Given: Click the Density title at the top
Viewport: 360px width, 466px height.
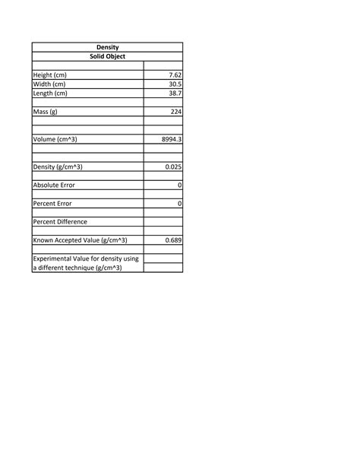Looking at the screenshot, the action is (x=107, y=47).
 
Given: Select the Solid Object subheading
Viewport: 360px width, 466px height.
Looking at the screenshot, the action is (x=107, y=56).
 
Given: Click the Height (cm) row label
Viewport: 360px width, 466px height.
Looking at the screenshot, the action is (x=50, y=75).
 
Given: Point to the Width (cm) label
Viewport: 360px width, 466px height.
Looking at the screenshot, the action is (x=49, y=84).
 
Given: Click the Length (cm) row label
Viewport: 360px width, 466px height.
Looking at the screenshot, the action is (x=50, y=94).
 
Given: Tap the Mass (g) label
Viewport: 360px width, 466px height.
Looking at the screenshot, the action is (x=45, y=112).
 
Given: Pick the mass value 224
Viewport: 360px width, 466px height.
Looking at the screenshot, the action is (x=175, y=112).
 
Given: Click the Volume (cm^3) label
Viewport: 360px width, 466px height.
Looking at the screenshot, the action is (x=55, y=139).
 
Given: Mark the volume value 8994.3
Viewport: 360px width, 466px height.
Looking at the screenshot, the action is (x=172, y=139).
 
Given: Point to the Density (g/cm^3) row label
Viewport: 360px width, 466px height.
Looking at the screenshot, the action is (x=58, y=166).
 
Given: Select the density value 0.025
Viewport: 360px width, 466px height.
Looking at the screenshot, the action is (x=172, y=166).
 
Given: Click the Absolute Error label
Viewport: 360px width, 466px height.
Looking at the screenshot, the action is (x=54, y=185).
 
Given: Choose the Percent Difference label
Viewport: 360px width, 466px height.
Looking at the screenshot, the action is (x=60, y=221).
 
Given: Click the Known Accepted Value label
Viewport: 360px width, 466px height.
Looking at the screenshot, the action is (x=80, y=240).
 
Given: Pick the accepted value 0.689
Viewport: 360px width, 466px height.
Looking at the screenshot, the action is (x=172, y=240).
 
